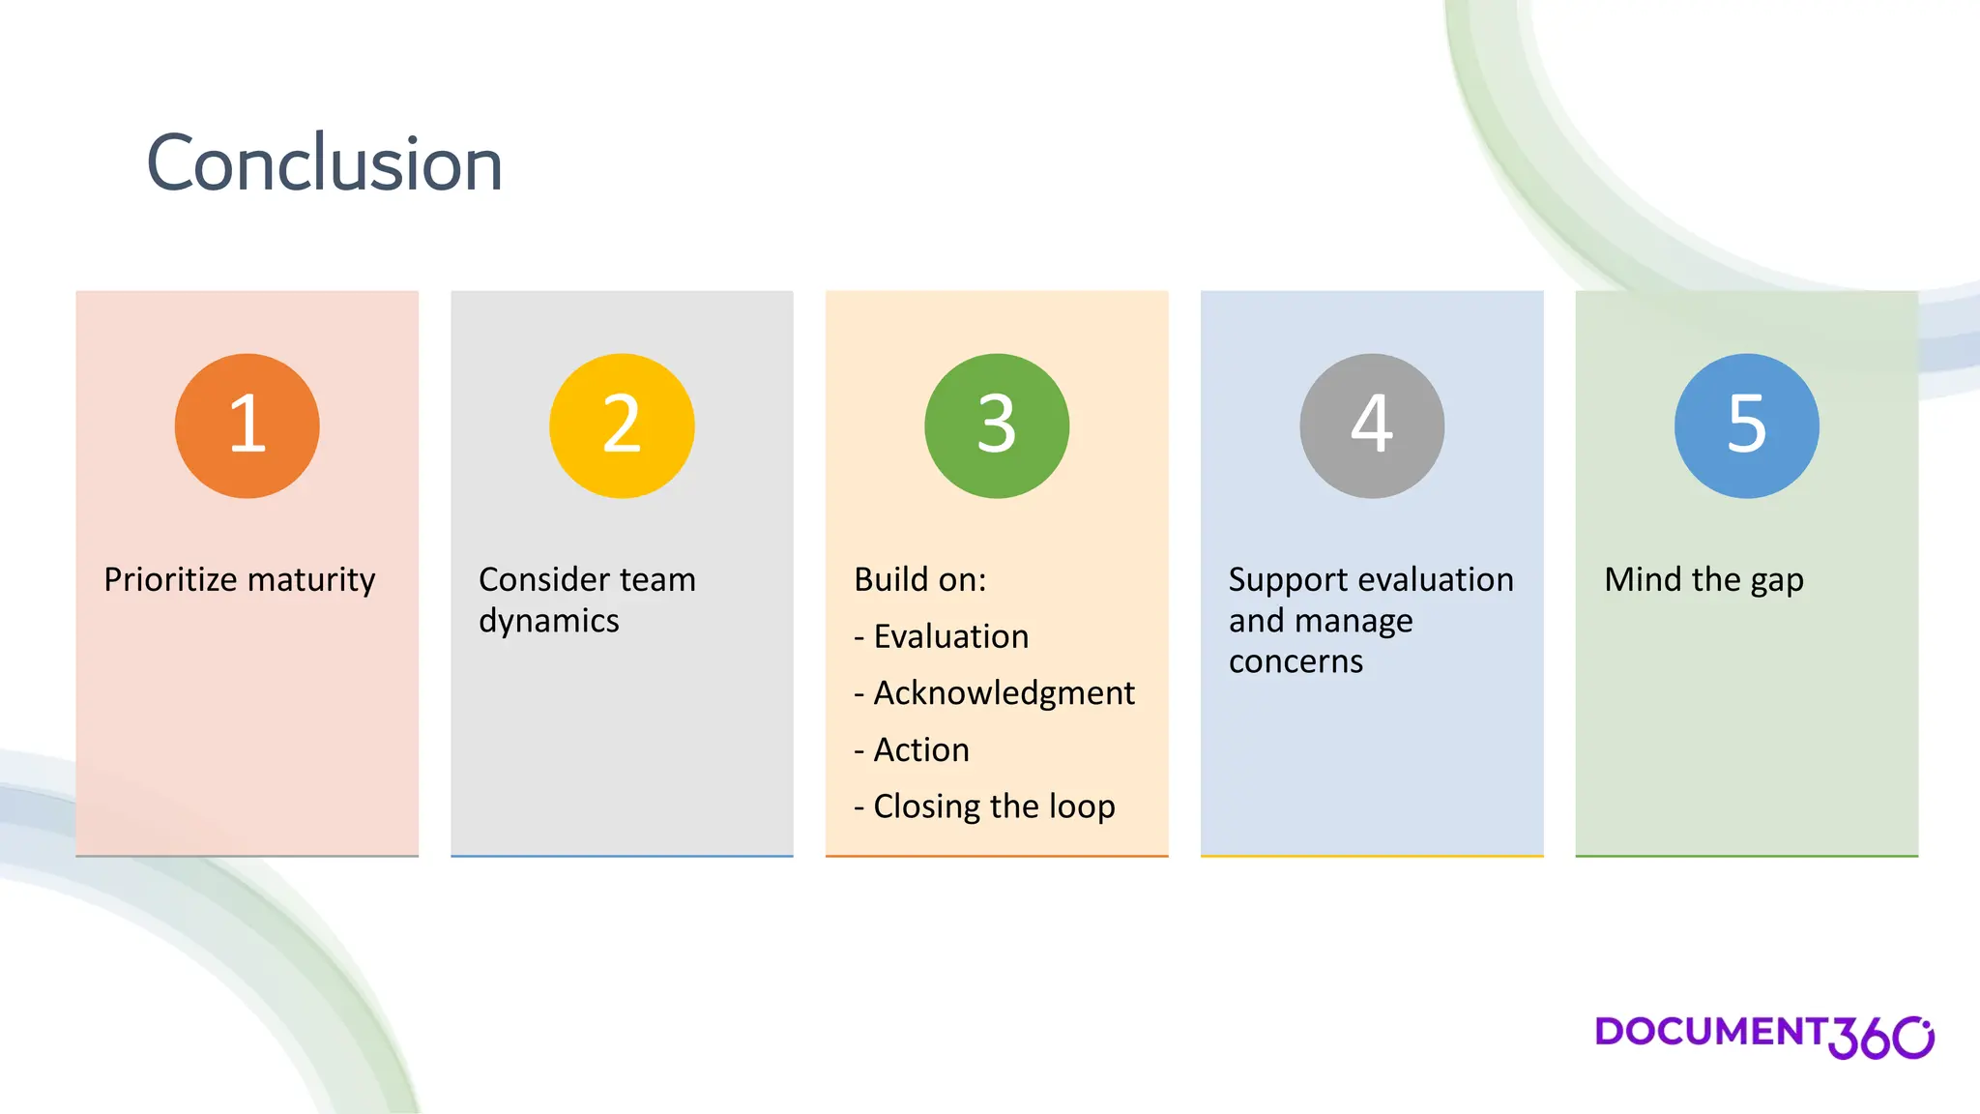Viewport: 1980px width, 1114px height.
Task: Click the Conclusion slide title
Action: [x=324, y=163]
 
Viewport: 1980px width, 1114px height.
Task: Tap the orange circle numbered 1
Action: [x=247, y=425]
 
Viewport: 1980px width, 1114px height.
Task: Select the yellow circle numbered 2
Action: [x=622, y=425]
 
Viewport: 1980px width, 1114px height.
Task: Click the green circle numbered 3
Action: [x=997, y=425]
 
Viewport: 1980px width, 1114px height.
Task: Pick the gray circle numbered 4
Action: [x=1372, y=425]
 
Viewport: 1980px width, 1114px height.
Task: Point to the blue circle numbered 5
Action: [x=1747, y=425]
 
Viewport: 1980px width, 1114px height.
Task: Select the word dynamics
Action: [x=548, y=621]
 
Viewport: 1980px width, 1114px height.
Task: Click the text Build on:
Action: [x=919, y=579]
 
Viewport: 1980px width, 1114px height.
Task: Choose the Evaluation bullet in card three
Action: [x=950, y=636]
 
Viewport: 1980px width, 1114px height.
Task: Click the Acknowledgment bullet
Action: [x=1003, y=693]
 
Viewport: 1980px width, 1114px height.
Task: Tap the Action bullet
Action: [x=920, y=749]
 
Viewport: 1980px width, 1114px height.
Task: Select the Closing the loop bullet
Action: [x=993, y=806]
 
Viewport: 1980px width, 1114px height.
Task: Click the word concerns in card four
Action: [x=1296, y=661]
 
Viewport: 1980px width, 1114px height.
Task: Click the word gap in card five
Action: [x=1776, y=581]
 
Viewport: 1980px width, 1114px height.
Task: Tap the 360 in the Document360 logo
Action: [x=1879, y=1038]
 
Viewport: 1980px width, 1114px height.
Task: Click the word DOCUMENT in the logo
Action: [x=1709, y=1032]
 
